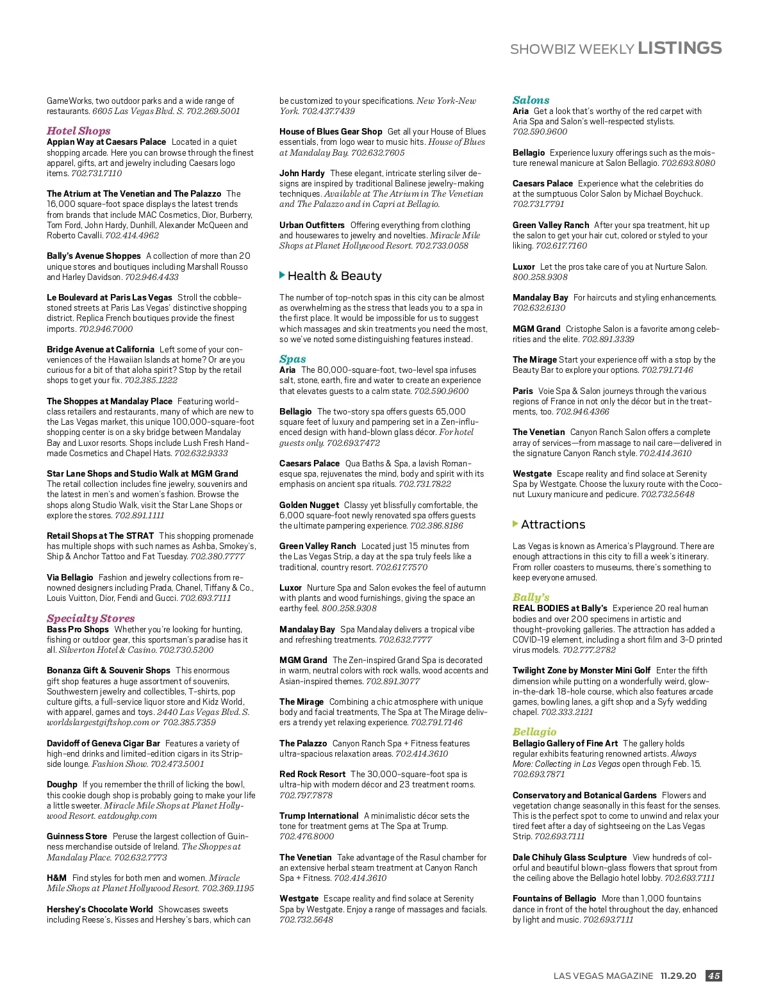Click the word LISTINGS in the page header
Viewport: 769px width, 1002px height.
click(679, 48)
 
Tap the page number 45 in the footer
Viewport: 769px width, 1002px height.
click(713, 976)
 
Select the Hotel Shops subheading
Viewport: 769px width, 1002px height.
click(78, 131)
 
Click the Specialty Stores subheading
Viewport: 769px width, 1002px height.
click(90, 618)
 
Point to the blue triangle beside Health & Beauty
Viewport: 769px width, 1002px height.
click(283, 275)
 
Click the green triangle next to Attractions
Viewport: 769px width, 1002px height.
click(516, 524)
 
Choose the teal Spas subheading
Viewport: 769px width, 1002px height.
click(292, 359)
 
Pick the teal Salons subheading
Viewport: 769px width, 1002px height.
click(531, 100)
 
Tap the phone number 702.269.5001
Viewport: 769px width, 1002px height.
click(213, 111)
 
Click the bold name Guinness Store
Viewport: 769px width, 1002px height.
click(77, 836)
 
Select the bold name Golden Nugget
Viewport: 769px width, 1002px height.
click(309, 505)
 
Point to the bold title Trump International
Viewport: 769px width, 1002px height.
click(318, 816)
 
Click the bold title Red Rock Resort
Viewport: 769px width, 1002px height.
click(312, 774)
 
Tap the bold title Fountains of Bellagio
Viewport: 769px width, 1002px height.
click(554, 898)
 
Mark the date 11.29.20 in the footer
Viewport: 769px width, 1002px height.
click(678, 976)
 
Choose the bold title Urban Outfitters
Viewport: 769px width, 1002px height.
click(311, 225)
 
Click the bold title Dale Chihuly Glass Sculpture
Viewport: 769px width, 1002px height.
click(569, 857)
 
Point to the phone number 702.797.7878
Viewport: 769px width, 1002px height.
click(306, 795)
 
